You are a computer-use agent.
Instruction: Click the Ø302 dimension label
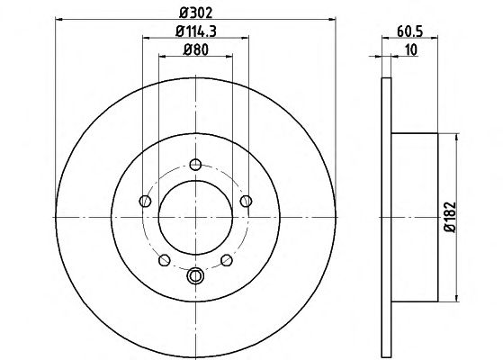[x=195, y=13]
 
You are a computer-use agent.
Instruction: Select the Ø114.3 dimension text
[x=196, y=31]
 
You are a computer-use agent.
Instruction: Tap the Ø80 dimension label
[x=195, y=49]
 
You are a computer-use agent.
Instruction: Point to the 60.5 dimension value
[x=410, y=31]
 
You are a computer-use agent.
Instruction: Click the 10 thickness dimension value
[x=411, y=50]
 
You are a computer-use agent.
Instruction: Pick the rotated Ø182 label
[x=450, y=217]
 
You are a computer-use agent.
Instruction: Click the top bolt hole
[x=195, y=165]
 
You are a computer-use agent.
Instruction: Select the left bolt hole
[x=145, y=202]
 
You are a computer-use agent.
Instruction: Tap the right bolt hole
[x=246, y=202]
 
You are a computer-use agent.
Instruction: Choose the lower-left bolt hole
[x=165, y=260]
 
